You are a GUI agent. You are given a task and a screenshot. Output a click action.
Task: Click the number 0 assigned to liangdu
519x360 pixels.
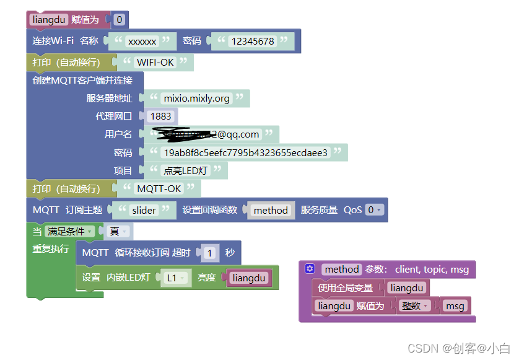[x=120, y=20]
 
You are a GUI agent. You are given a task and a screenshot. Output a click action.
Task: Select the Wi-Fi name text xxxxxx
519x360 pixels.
[x=142, y=42]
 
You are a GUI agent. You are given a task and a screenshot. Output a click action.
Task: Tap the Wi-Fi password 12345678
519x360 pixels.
[x=252, y=42]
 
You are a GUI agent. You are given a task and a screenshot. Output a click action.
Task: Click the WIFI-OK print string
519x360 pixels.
[x=155, y=62]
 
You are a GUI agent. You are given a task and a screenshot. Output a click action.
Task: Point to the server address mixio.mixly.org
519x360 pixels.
[x=196, y=98]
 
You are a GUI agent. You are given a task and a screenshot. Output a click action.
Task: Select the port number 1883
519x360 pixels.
[x=161, y=116]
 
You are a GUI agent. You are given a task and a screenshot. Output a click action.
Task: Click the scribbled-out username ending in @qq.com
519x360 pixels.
[x=211, y=134]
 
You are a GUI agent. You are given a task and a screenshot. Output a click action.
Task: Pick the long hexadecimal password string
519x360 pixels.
[x=245, y=152]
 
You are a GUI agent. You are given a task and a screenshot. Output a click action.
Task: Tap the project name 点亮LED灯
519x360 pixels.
[x=185, y=170]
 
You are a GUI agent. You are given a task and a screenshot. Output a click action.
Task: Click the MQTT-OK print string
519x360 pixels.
[x=159, y=188]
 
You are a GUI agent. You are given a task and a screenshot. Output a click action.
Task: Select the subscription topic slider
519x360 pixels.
[x=144, y=210]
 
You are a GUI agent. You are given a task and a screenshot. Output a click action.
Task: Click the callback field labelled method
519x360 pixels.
[x=271, y=211]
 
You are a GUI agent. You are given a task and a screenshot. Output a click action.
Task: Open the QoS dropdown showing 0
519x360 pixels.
[x=374, y=210]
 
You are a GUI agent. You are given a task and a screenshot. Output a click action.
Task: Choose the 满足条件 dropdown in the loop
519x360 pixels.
[x=70, y=231]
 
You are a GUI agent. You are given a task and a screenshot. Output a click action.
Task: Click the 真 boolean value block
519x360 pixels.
[x=118, y=231]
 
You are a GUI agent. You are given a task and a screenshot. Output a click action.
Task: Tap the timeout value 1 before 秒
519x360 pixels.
[x=211, y=253]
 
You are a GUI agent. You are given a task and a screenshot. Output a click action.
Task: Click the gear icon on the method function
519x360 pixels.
[x=310, y=269]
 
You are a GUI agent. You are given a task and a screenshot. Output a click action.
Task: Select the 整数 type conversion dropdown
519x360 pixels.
[x=414, y=306]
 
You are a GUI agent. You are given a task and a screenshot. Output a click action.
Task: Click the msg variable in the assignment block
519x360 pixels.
[x=455, y=306]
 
